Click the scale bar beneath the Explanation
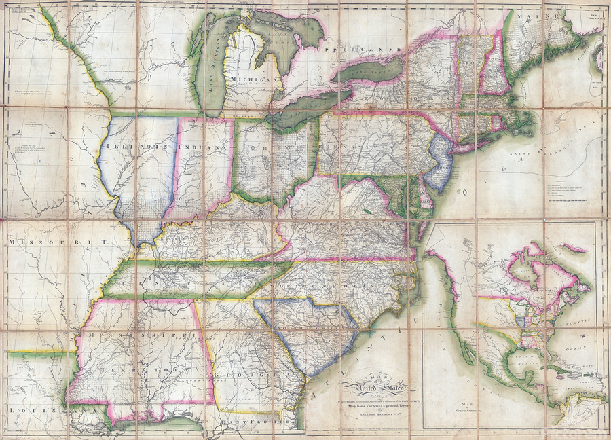tap(574, 202)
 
